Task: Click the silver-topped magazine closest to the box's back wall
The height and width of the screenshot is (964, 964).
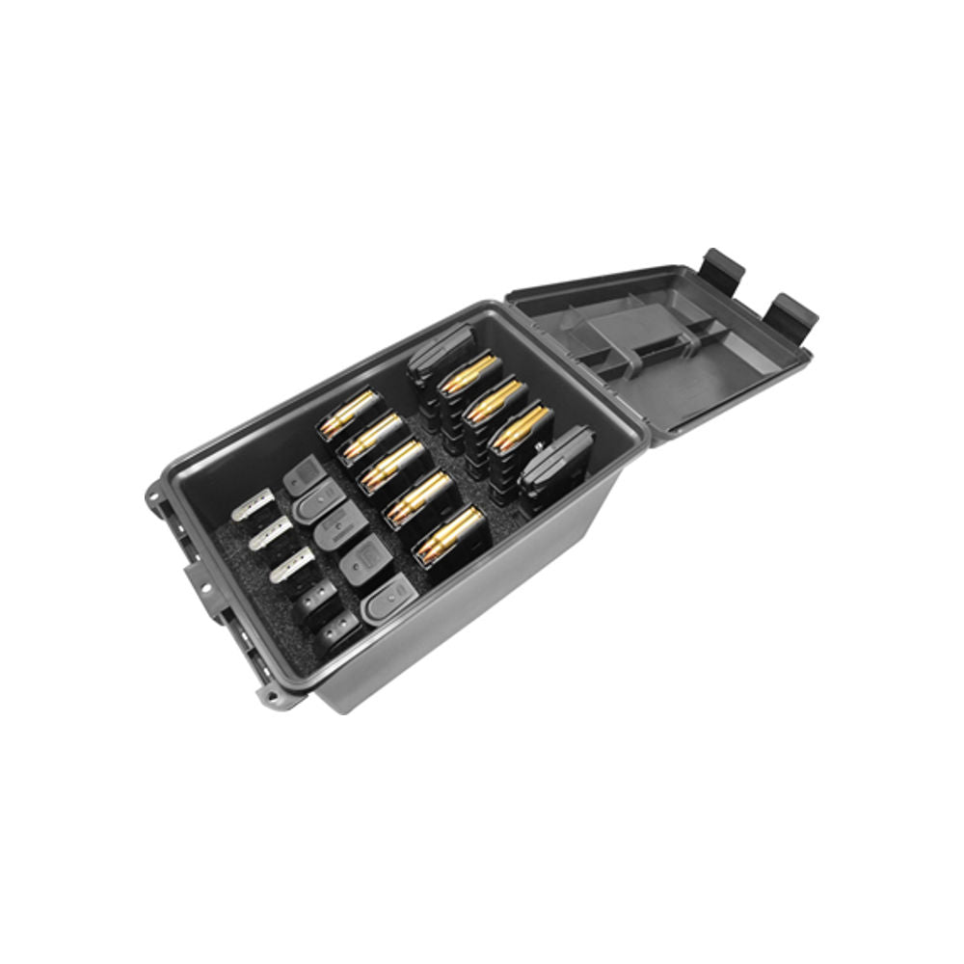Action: pos(253,507)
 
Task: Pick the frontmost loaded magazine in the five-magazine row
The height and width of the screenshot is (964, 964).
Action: pos(448,534)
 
